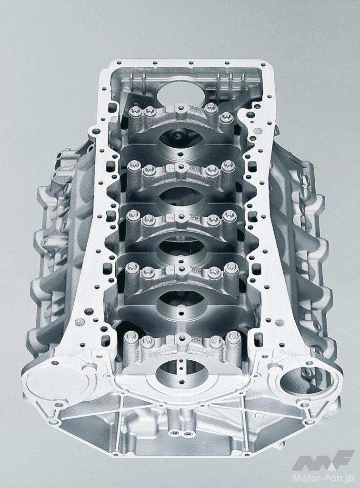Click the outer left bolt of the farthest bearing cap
134,111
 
